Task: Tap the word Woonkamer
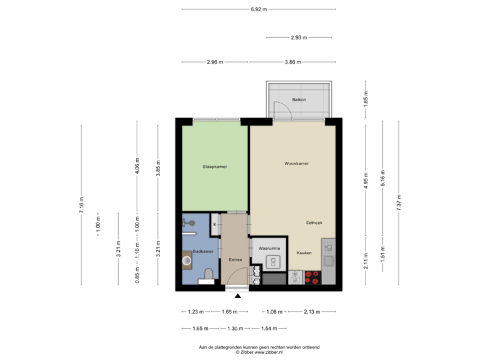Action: tap(296, 163)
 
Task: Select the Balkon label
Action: tap(299, 100)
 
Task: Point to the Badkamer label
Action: tap(203, 251)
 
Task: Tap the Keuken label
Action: tap(305, 253)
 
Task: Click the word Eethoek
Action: tap(314, 223)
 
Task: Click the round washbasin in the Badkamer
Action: tap(187, 261)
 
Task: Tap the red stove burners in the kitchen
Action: tap(312, 277)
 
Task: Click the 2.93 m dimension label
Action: tap(299, 38)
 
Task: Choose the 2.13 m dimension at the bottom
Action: tap(311, 311)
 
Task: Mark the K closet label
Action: tap(215, 224)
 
